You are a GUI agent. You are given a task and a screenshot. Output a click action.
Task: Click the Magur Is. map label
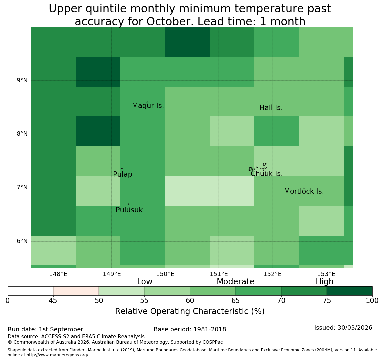(x=148, y=106)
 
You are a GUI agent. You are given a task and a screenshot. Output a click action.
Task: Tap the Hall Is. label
(x=271, y=108)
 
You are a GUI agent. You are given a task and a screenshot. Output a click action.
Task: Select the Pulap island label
(x=123, y=174)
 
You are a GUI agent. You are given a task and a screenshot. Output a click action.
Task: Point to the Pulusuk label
(x=129, y=210)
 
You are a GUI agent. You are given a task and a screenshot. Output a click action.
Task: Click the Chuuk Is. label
(x=267, y=174)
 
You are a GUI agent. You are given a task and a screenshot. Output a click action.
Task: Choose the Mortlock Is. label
(x=304, y=191)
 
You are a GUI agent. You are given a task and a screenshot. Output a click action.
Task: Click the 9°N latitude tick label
(x=22, y=80)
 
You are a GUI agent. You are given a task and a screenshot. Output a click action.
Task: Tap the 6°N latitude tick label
(x=22, y=241)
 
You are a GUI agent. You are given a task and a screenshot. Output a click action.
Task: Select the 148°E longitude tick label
(x=58, y=274)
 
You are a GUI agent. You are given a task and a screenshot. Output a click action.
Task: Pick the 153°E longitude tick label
(x=326, y=274)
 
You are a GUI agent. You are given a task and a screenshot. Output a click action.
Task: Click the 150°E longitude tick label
(x=165, y=274)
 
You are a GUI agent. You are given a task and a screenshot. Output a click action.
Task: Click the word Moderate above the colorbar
(x=235, y=281)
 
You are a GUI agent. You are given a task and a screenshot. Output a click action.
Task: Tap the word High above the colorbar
(x=325, y=281)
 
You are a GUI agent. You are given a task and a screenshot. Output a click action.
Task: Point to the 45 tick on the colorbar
(x=53, y=301)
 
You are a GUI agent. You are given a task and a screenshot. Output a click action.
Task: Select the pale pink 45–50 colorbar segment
(x=76, y=291)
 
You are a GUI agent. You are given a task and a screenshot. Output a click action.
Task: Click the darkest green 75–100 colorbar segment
(x=349, y=291)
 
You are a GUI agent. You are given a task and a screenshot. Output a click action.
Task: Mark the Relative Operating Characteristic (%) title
(x=190, y=311)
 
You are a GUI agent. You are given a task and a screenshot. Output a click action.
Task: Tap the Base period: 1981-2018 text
(x=190, y=329)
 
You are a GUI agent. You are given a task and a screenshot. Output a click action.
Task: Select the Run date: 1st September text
(x=45, y=329)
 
